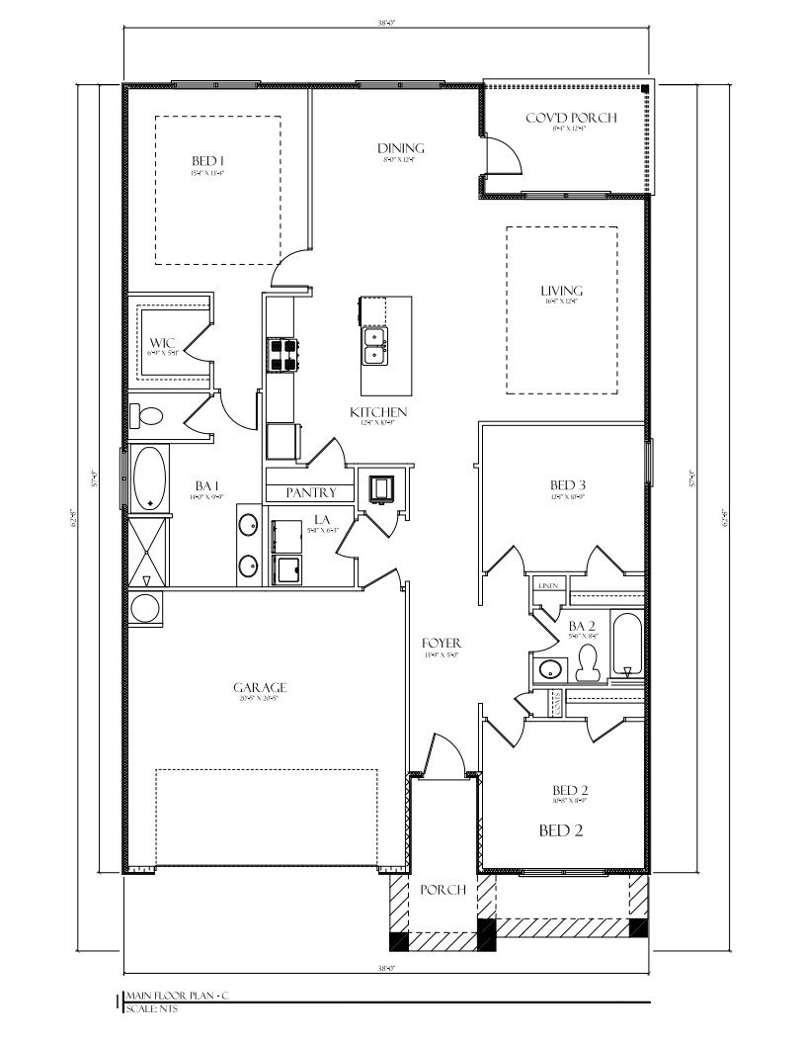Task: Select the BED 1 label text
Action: (208, 160)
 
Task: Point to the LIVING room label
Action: (561, 291)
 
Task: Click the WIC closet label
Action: (162, 344)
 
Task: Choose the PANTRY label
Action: (311, 492)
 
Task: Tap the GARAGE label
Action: (260, 687)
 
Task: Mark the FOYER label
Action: (442, 644)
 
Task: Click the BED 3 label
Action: (568, 484)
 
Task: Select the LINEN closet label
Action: (548, 586)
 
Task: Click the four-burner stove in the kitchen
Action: (281, 355)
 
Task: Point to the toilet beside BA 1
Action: (148, 416)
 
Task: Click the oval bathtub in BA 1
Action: (149, 478)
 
